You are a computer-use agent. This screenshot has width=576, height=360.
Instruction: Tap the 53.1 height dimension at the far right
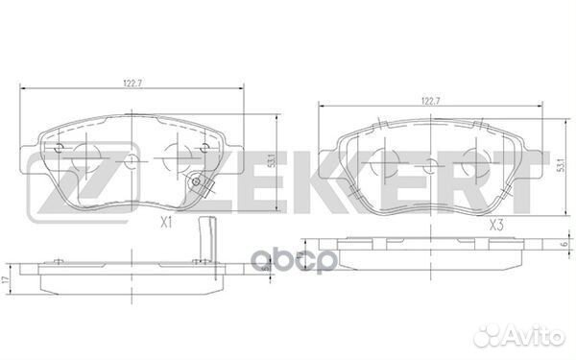pyautogui.click(x=557, y=165)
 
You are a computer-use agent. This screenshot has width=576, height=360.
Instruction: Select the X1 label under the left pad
pyautogui.click(x=165, y=222)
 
